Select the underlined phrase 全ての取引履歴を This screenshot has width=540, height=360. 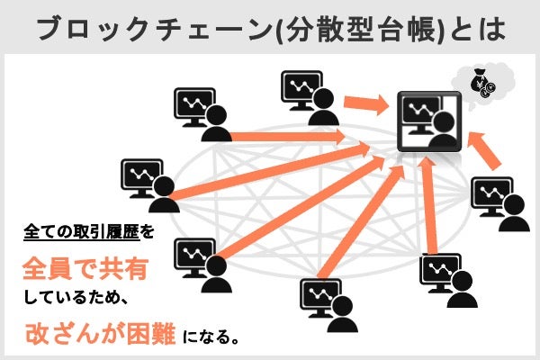(x=89, y=231)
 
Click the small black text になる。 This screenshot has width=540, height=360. (x=212, y=339)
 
